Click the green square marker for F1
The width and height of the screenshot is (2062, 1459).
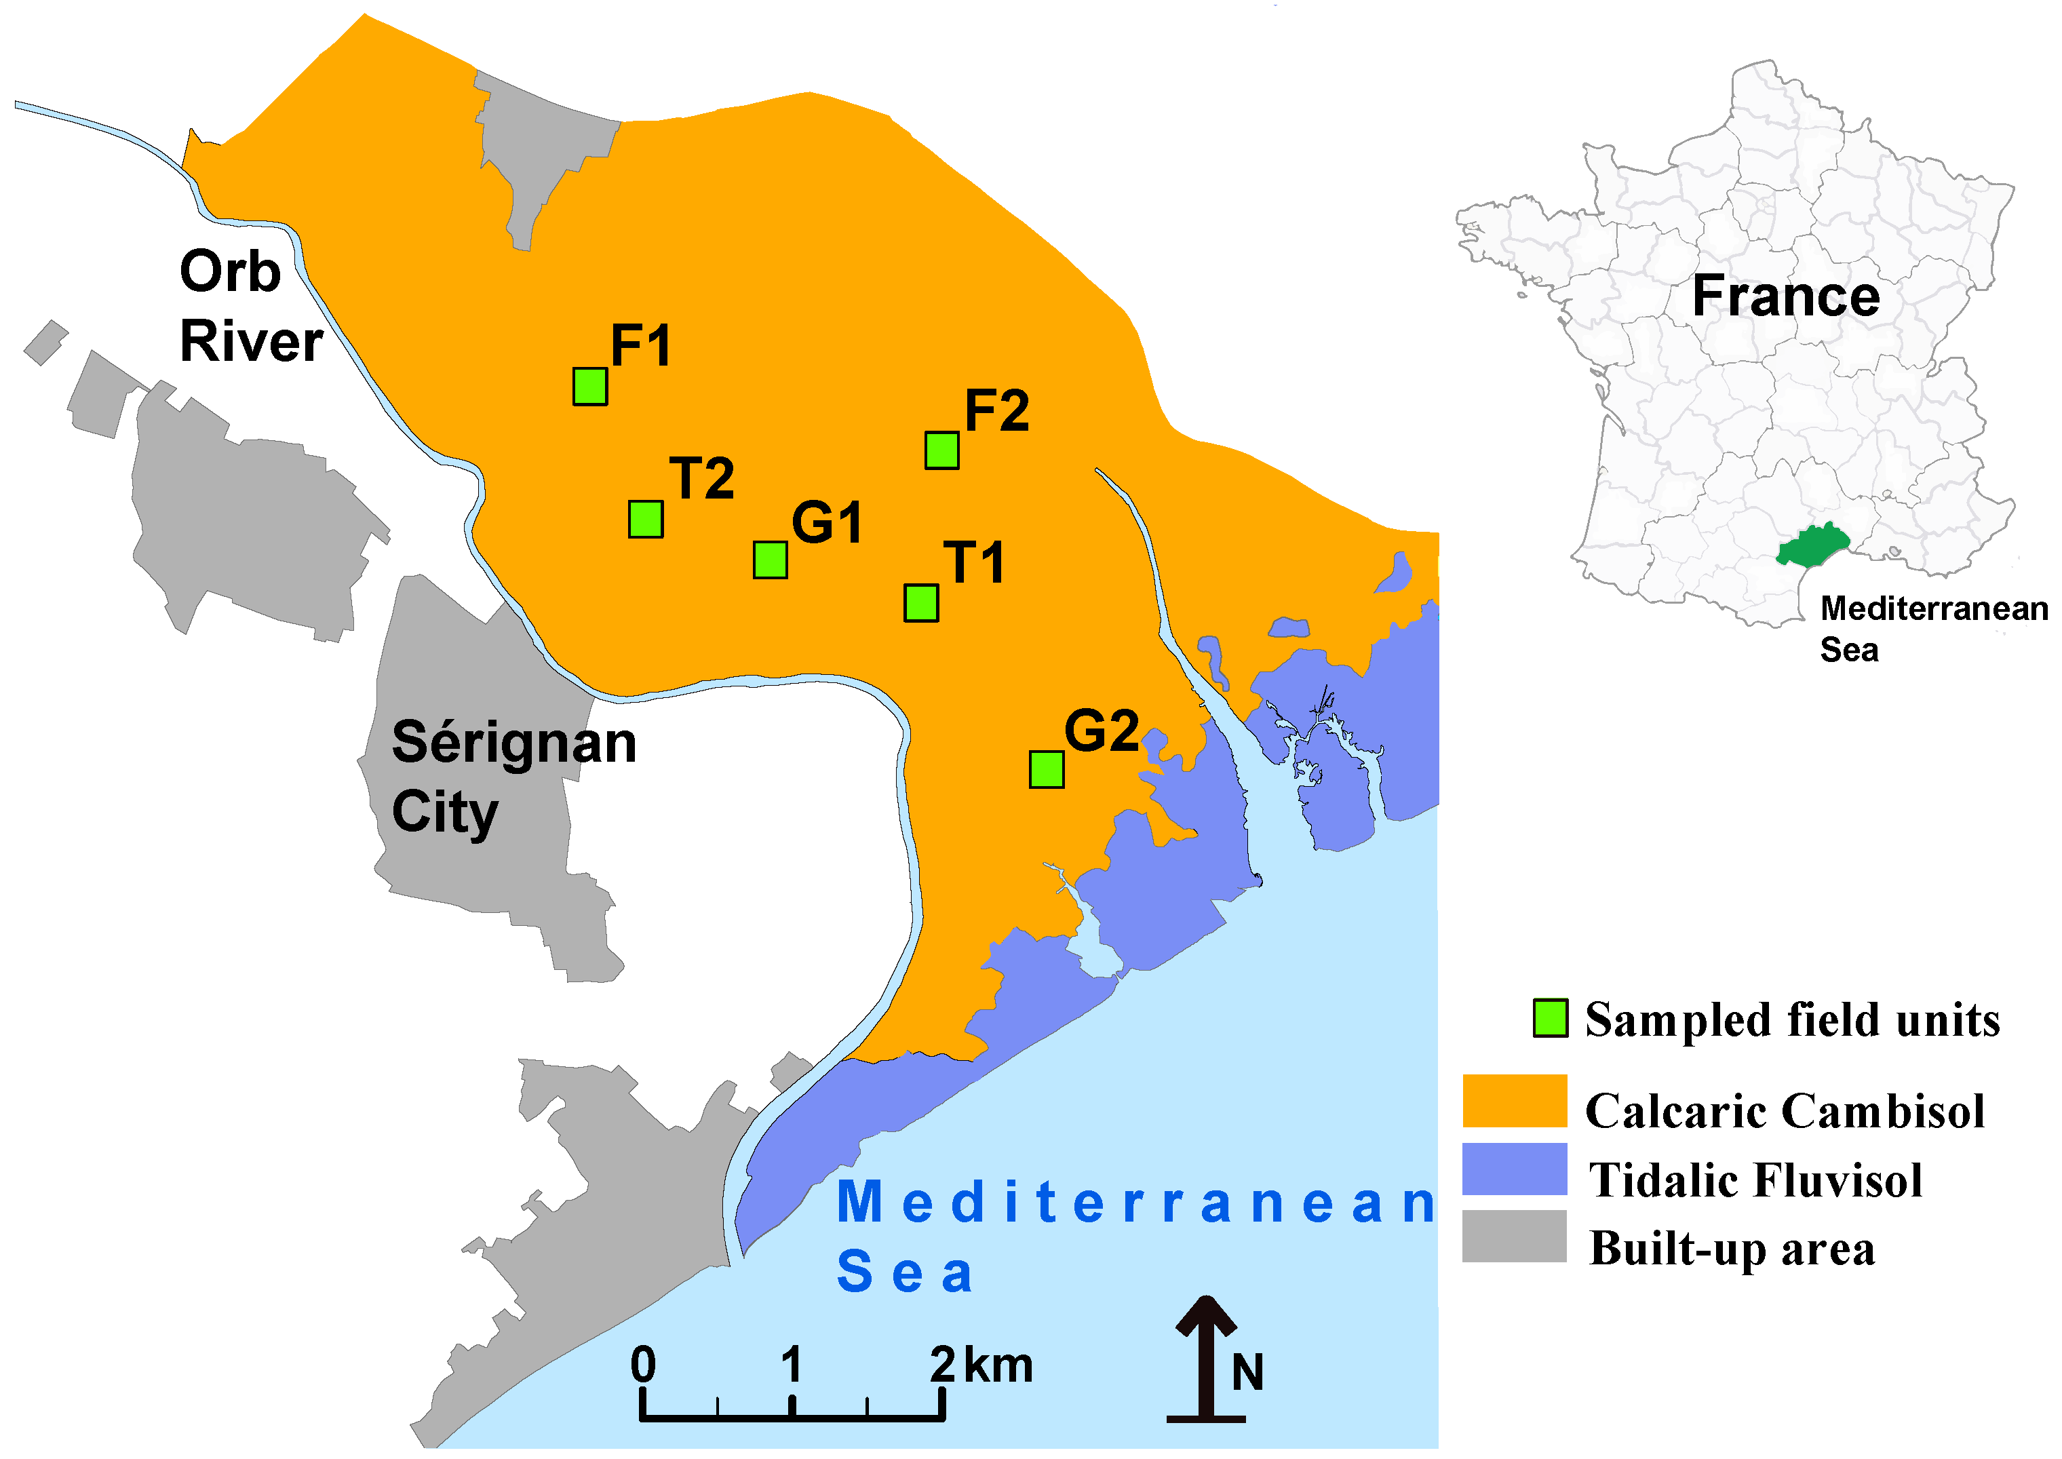(x=590, y=387)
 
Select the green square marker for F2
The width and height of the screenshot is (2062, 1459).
(x=941, y=450)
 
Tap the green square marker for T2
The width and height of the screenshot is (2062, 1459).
(x=646, y=520)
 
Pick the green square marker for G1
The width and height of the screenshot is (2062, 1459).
(x=770, y=560)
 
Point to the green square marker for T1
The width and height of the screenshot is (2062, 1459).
(x=921, y=603)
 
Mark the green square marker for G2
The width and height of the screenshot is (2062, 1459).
(x=1046, y=770)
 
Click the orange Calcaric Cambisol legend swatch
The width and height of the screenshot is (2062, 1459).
(x=1514, y=1101)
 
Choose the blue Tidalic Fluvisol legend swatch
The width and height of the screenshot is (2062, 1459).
(x=1514, y=1169)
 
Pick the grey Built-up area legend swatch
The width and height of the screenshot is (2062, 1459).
(x=1514, y=1237)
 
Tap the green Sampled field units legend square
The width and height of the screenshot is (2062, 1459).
(x=1550, y=1018)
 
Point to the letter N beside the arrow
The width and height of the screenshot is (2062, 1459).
(x=1247, y=1373)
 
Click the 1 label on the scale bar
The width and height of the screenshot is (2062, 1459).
(x=791, y=1365)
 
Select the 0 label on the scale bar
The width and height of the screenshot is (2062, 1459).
(x=642, y=1365)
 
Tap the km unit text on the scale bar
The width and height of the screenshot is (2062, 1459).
(x=998, y=1365)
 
